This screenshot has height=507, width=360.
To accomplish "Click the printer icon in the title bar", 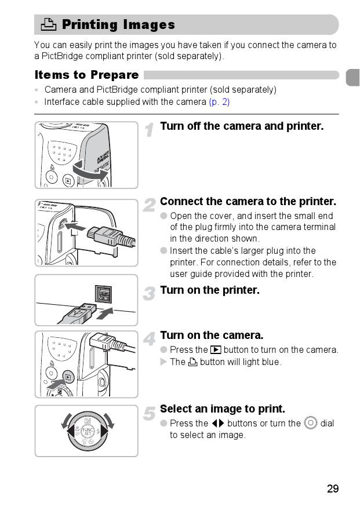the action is [x=49, y=24].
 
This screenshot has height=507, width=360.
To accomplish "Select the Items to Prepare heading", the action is [x=87, y=75].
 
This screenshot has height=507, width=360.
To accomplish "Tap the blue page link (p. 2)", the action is [x=219, y=102].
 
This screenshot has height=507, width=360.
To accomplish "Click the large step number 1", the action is [x=149, y=130].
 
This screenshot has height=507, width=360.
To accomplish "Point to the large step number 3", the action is [x=149, y=294].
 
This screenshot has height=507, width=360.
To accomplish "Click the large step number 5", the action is [x=149, y=413].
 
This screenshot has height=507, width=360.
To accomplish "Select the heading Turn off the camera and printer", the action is [x=242, y=126].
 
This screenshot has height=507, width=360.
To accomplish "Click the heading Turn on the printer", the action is [x=210, y=290].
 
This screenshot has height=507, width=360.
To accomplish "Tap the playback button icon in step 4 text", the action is [x=216, y=350].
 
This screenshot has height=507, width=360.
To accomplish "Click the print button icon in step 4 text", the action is [x=193, y=362].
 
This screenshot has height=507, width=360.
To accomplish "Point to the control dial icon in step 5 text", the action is [x=311, y=423].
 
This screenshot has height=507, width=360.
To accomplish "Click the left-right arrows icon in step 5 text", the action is [x=218, y=423].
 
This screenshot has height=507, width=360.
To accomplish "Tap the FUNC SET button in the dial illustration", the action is [x=88, y=431].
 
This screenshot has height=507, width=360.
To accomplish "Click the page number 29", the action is [x=333, y=488].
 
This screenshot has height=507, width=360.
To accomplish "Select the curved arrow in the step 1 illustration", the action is [x=90, y=172].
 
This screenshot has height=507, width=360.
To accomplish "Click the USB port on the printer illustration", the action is [x=103, y=294].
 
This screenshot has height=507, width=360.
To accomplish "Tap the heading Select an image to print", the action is [x=223, y=408].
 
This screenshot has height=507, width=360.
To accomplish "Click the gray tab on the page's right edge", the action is [x=353, y=77].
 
